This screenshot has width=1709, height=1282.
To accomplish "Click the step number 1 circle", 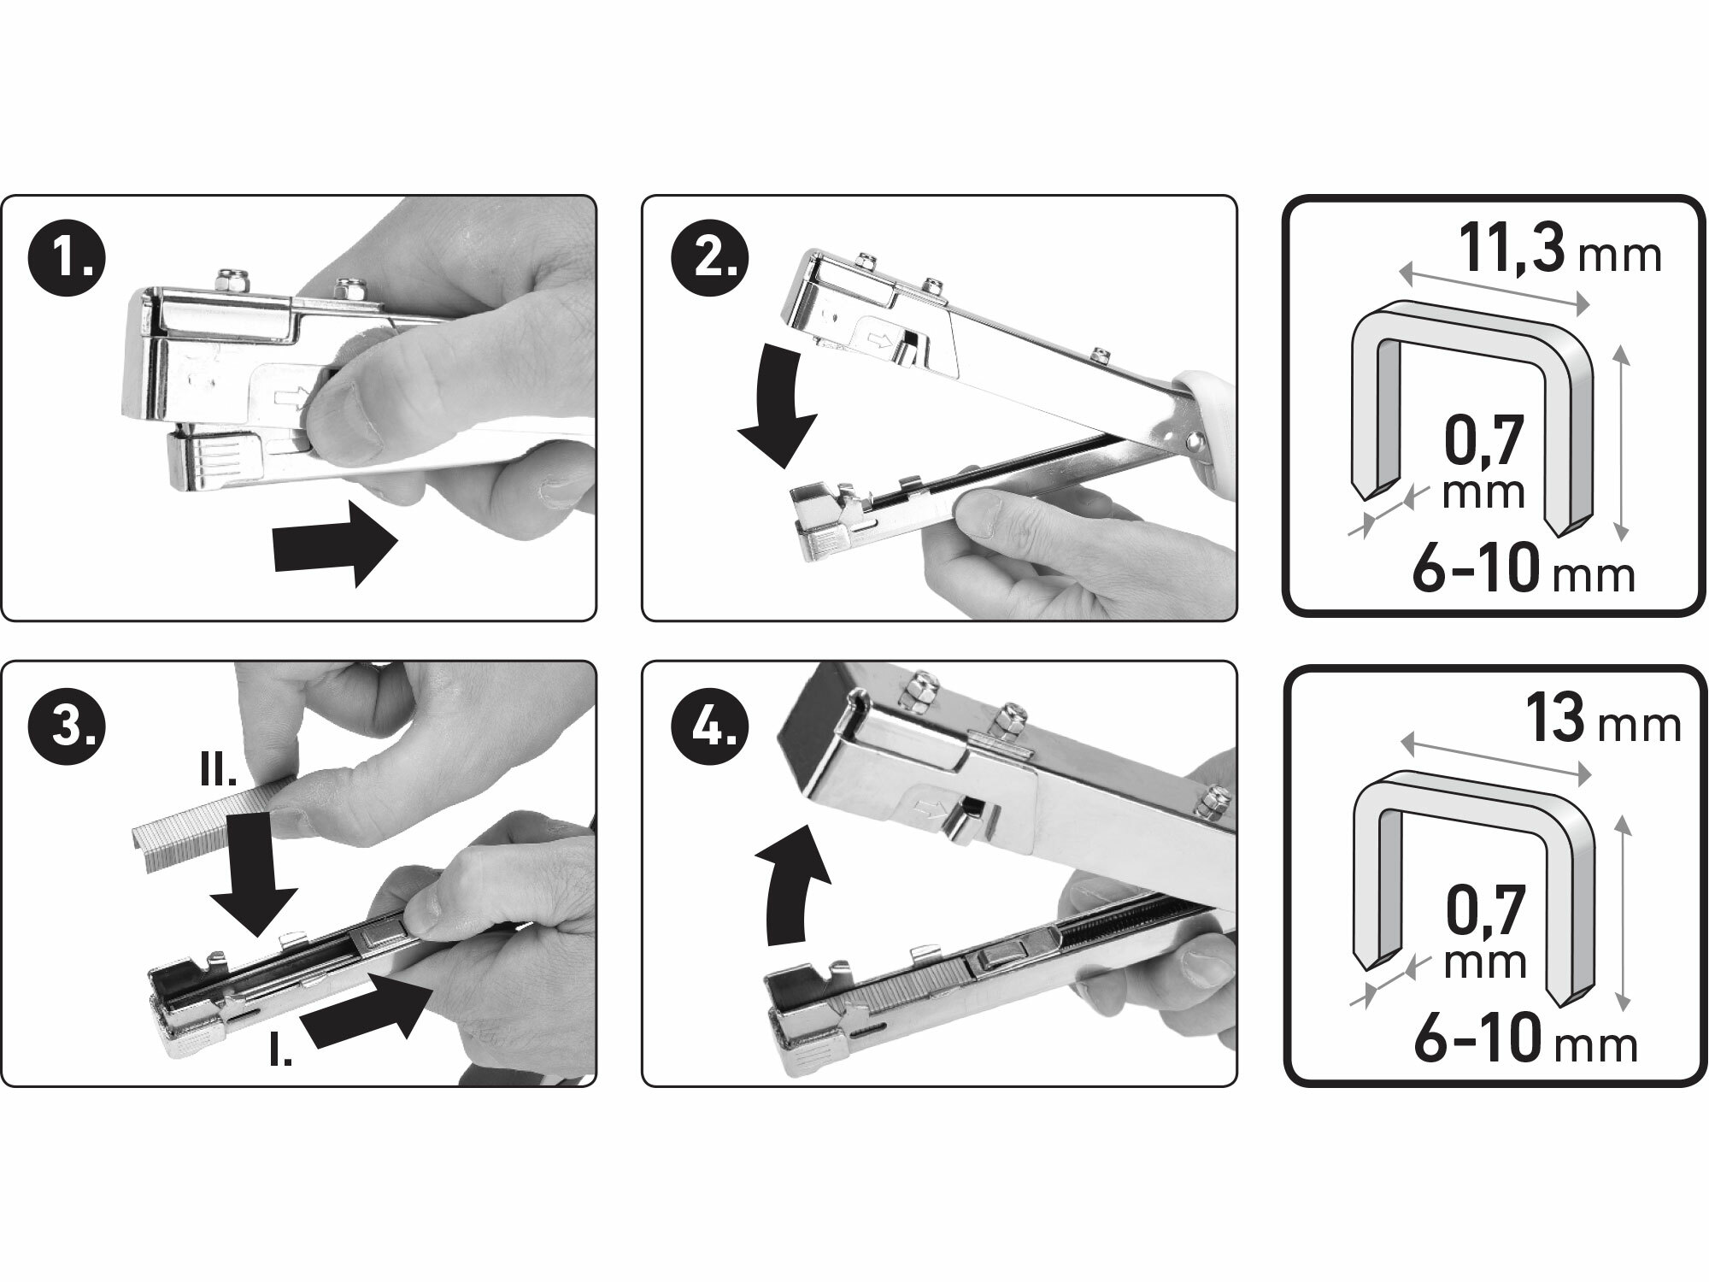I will click(x=66, y=257).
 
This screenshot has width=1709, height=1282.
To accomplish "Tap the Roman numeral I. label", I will click(x=279, y=1053).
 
